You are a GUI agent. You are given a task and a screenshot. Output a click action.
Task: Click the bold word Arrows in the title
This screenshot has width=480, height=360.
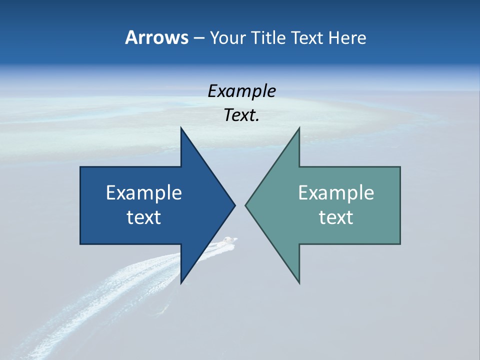click(x=156, y=37)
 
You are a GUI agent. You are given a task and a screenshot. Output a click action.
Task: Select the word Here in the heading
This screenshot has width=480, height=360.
click(x=347, y=37)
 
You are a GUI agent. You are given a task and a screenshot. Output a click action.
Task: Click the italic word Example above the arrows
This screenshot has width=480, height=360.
click(x=241, y=91)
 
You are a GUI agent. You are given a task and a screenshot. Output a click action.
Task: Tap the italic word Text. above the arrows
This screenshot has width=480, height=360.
click(x=241, y=115)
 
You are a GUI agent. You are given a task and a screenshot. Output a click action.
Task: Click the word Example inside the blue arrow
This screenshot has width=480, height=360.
click(x=144, y=193)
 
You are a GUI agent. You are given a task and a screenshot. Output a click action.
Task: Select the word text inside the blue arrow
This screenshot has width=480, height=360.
click(x=144, y=217)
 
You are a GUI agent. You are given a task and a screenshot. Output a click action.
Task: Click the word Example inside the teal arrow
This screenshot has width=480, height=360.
click(x=336, y=193)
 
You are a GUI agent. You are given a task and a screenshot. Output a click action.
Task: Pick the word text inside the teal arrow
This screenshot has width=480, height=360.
click(x=336, y=217)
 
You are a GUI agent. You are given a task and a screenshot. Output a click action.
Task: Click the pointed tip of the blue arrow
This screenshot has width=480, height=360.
click(x=234, y=205)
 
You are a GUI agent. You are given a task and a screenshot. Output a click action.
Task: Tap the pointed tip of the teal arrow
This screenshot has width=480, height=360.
click(x=246, y=205)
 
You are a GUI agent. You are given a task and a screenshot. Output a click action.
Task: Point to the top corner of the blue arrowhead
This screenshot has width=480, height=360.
click(x=181, y=128)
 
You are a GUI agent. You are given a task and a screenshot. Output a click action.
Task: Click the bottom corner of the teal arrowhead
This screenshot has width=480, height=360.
click(x=299, y=282)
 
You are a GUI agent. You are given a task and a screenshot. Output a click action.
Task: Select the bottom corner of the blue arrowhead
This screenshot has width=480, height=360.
click(x=181, y=282)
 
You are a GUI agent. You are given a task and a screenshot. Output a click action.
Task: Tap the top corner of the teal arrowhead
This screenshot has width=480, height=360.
click(x=299, y=128)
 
